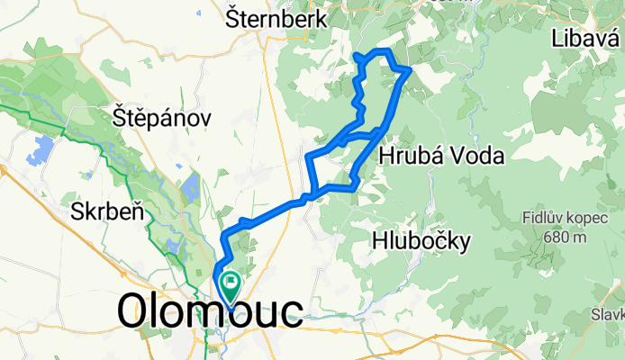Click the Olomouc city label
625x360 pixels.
(x=210, y=311)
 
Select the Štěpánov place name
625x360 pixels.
(x=162, y=117)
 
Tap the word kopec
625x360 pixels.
(x=586, y=218)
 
